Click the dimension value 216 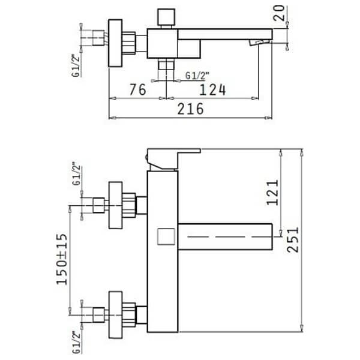pyautogui.click(x=190, y=109)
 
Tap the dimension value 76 pyautogui.click(x=137, y=89)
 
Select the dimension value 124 pyautogui.click(x=212, y=90)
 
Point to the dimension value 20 pyautogui.click(x=279, y=13)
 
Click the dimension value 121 pyautogui.click(x=272, y=193)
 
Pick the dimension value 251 pyautogui.click(x=293, y=239)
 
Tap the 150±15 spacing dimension pyautogui.click(x=62, y=259)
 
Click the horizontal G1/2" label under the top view pyautogui.click(x=197, y=76)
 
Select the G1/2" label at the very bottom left pyautogui.click(x=77, y=343)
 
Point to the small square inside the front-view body pyautogui.click(x=166, y=236)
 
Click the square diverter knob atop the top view pyautogui.click(x=166, y=17)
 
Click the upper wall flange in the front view pyautogui.click(x=115, y=205)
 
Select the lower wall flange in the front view pyautogui.click(x=115, y=315)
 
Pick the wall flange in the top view pyautogui.click(x=115, y=43)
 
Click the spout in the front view pyautogui.click(x=225, y=236)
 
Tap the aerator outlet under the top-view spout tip pyautogui.click(x=259, y=43)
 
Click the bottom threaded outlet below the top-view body pyautogui.click(x=166, y=64)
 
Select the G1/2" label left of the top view pyautogui.click(x=76, y=65)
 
